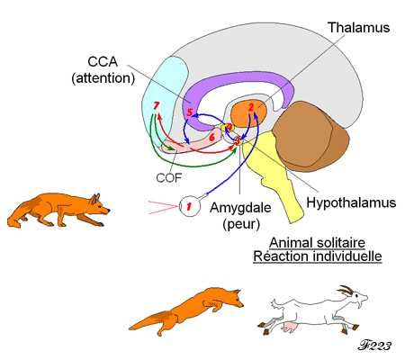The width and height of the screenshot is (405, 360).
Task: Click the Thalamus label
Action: [358, 27]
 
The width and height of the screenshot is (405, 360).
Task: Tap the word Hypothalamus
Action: [351, 202]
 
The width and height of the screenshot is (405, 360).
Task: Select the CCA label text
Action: [103, 62]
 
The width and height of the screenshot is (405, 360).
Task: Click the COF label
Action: [169, 178]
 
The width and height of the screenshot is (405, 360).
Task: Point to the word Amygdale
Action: [240, 208]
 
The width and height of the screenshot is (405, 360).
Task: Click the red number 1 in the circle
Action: [189, 206]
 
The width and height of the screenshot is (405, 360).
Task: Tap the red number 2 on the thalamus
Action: [251, 107]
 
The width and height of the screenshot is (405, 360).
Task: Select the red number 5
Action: [189, 112]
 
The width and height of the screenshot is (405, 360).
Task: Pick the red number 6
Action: [211, 138]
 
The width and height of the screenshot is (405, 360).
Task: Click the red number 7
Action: [156, 106]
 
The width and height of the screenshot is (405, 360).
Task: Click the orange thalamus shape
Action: [248, 113]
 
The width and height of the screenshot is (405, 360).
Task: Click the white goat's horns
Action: [346, 291]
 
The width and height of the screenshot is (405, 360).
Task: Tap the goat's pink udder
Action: [289, 327]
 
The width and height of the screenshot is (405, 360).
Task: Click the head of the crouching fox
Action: [100, 204]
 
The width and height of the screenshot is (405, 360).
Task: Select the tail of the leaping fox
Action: [153, 321]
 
